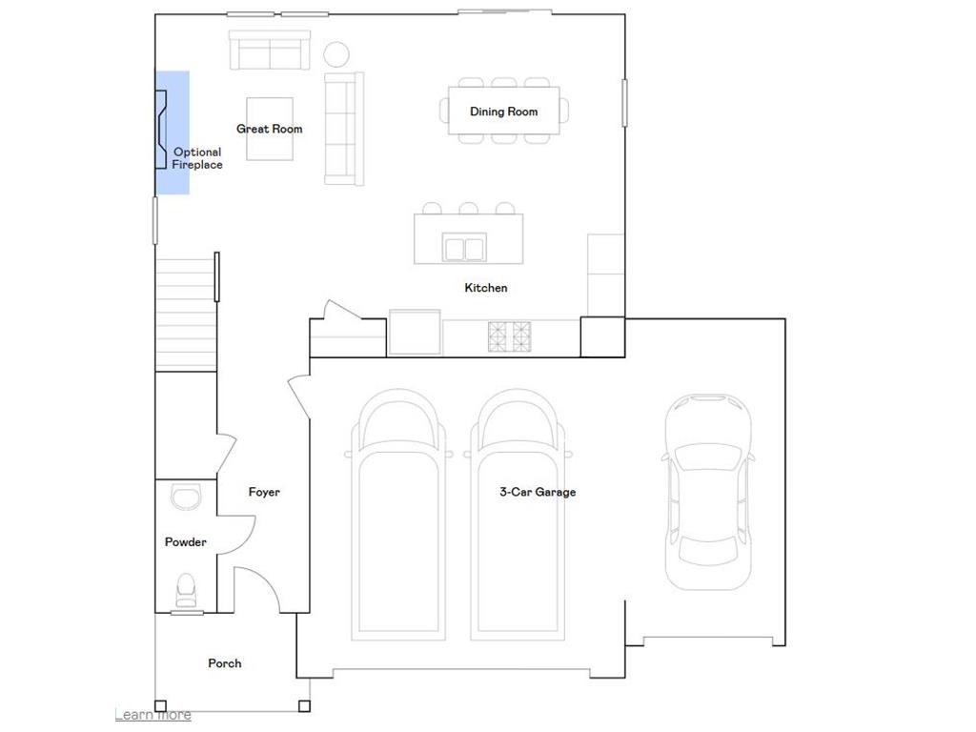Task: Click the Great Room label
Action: [269, 129]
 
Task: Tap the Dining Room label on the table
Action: [503, 112]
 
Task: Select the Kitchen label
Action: [485, 288]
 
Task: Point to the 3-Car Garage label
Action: [538, 492]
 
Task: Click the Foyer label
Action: [264, 492]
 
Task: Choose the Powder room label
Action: [185, 542]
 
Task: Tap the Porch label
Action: [225, 663]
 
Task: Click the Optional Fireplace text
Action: [197, 158]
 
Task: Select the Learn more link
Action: [152, 715]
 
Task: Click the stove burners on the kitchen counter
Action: [510, 335]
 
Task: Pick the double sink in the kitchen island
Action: [464, 248]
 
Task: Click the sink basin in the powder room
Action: [185, 497]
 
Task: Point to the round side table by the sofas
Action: [336, 53]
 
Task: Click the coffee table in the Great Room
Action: [270, 129]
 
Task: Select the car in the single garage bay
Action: [707, 491]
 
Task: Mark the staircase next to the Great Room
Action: [186, 315]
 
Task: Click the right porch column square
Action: [303, 706]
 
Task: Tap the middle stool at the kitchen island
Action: [468, 208]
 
